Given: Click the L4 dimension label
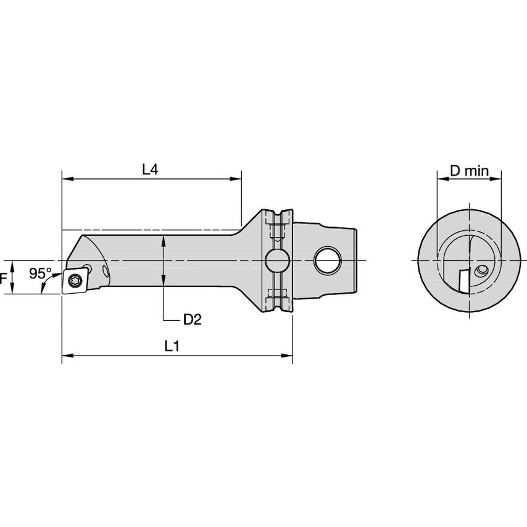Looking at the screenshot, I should pos(150,169).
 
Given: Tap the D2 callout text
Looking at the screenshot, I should pos(192,319).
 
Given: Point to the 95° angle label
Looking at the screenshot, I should pos(40,273).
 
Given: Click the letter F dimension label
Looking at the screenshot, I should pos(3,279).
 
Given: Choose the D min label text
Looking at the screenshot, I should pos(468,170).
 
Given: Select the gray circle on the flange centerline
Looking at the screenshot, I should pos(276,260).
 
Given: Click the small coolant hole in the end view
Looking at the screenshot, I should pos(483,270).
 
